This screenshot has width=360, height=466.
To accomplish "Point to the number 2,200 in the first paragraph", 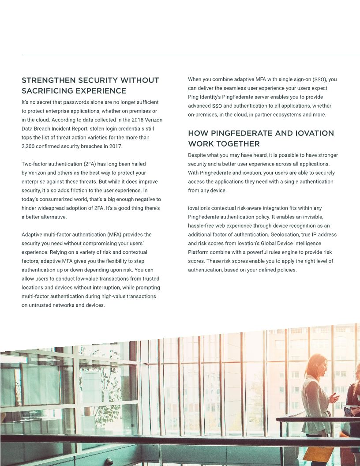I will [x=29, y=147].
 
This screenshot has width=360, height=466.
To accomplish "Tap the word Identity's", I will [x=210, y=97].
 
